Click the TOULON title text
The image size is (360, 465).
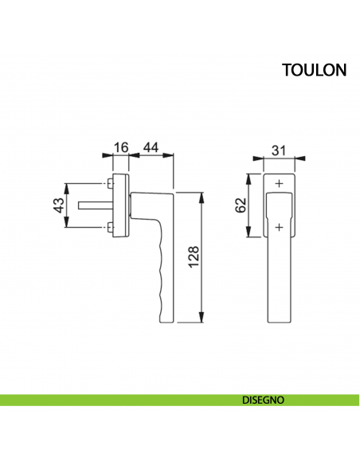click(x=314, y=70)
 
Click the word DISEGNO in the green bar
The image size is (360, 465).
click(x=263, y=401)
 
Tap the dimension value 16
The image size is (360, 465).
click(x=122, y=147)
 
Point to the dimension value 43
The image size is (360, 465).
click(x=58, y=206)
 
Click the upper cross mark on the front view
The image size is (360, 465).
click(x=278, y=185)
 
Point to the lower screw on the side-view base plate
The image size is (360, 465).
click(x=109, y=229)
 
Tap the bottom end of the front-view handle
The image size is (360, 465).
click(x=278, y=318)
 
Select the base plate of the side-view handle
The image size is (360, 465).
click(x=119, y=205)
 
